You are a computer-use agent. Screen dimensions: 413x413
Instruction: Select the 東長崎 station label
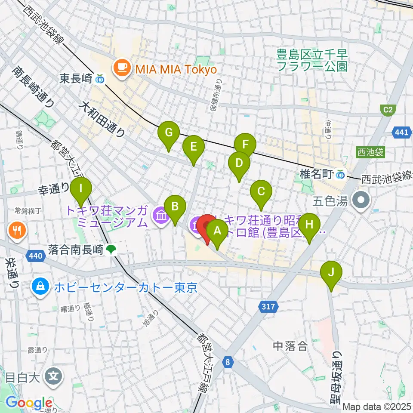coord(75,79)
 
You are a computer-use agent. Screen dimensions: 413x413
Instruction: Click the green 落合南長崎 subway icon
coord(112,250)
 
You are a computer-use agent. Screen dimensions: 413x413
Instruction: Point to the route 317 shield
coord(268,307)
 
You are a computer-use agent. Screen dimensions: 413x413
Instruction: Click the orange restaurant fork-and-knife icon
coord(17,231)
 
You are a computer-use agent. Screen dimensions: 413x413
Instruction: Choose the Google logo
coord(28,403)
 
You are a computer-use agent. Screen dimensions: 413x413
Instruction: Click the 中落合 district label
coord(291,345)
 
